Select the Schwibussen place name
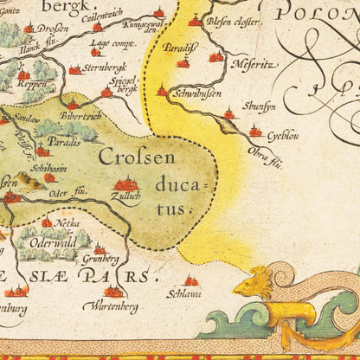pos(196,93)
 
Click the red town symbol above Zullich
pos(127,184)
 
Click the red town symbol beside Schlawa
pos(191,281)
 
